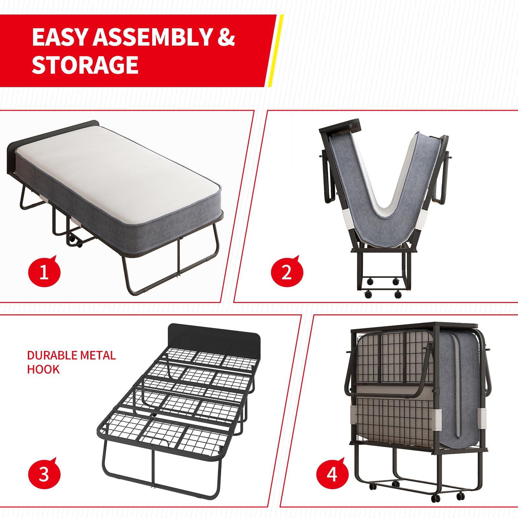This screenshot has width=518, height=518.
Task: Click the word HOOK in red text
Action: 43,369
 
